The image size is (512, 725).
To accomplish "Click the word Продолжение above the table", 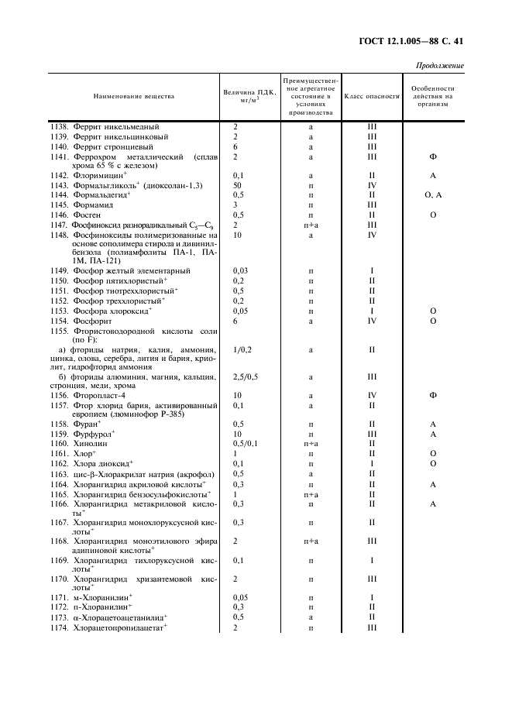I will point(440,65).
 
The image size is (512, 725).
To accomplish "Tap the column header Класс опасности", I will point(371,97).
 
